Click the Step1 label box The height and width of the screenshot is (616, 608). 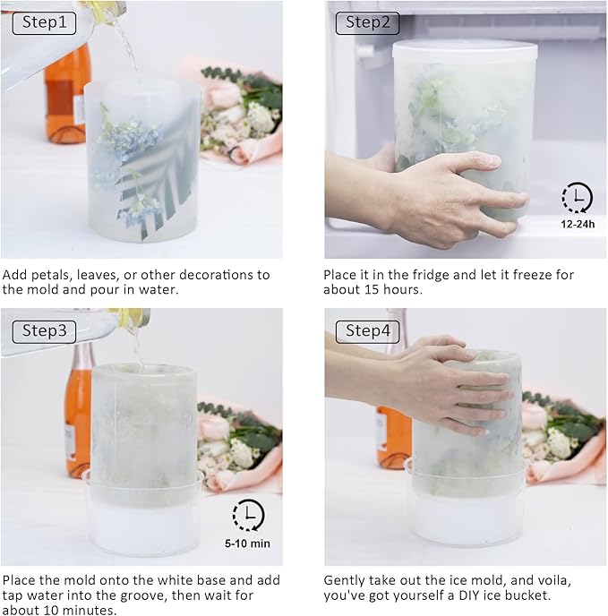pyautogui.click(x=44, y=23)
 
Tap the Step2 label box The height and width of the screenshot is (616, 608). pyautogui.click(x=367, y=23)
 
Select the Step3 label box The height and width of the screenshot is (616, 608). pyautogui.click(x=44, y=331)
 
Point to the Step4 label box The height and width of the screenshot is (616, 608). pyautogui.click(x=367, y=331)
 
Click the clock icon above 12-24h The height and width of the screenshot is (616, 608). pyautogui.click(x=577, y=197)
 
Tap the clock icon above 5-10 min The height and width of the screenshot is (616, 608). pyautogui.click(x=248, y=515)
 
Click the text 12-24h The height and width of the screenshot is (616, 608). pyautogui.click(x=578, y=225)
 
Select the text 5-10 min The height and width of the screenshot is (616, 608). pyautogui.click(x=247, y=543)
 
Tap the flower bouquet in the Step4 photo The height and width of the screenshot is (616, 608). pyautogui.click(x=564, y=438)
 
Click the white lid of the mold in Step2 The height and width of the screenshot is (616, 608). pyautogui.click(x=465, y=50)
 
